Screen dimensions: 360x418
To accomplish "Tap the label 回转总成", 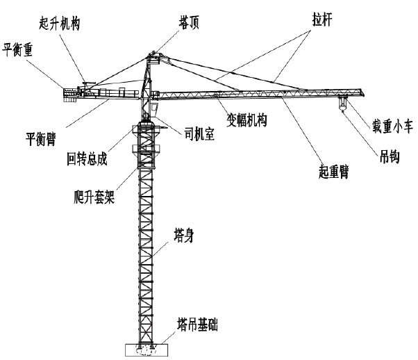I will (x=87, y=158).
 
